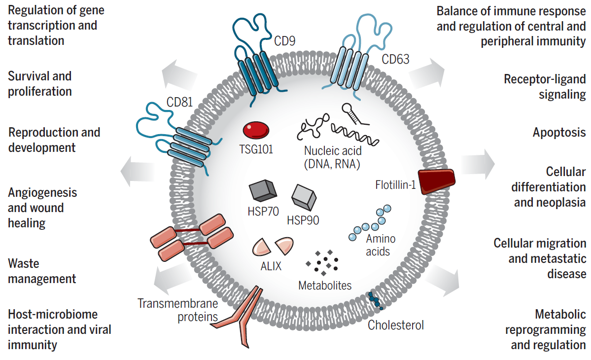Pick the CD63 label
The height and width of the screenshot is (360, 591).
[396, 60]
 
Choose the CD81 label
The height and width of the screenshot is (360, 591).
[179, 103]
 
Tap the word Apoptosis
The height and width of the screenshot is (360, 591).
[559, 133]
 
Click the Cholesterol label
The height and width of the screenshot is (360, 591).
[396, 325]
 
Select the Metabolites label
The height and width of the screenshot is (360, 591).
[325, 286]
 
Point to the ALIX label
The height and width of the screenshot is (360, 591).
[271, 267]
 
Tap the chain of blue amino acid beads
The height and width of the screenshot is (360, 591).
[370, 223]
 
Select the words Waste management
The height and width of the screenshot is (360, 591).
[42, 271]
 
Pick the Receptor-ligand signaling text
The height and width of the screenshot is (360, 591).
[545, 87]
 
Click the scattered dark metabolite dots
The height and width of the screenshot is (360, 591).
[322, 262]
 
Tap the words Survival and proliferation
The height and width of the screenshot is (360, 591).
[40, 84]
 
